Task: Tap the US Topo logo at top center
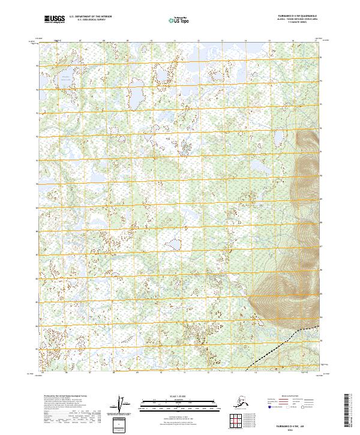181,19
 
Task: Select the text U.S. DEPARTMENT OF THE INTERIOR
90,17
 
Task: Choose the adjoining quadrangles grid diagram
236,419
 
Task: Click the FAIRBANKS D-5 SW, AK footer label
300,424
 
